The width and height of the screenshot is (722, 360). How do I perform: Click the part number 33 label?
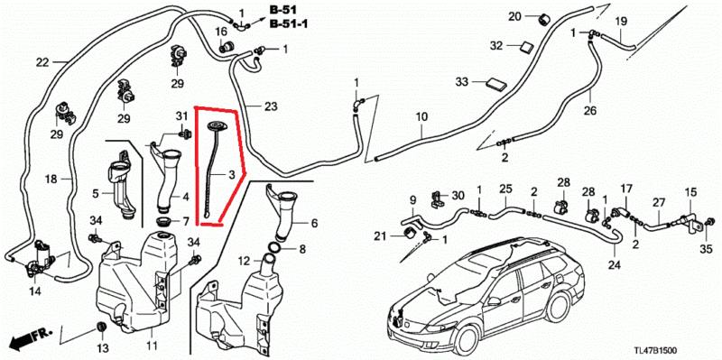coord(461,82)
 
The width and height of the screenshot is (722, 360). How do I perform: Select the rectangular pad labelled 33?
coord(495,84)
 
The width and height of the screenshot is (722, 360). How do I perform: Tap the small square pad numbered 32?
coord(525,47)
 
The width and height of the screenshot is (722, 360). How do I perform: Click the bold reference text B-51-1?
coord(289,24)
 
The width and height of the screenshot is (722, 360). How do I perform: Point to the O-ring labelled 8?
coord(274,249)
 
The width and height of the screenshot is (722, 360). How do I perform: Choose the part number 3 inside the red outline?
coord(231,174)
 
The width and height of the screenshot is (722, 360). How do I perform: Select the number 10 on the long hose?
coord(421,115)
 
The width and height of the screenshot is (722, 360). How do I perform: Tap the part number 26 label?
coord(590,111)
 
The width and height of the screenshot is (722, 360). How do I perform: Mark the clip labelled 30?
coord(436,198)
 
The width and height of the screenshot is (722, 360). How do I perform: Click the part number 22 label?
coord(42,62)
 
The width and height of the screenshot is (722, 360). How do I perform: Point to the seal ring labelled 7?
coord(163,221)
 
